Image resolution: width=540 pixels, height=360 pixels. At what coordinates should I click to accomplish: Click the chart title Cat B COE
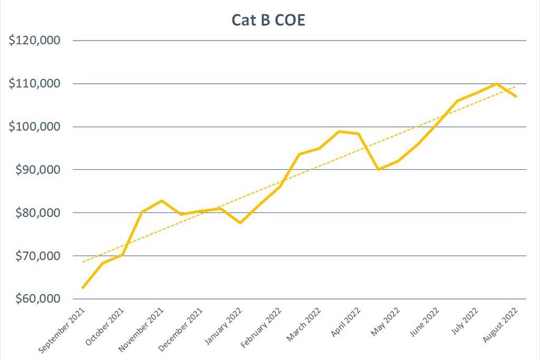[268, 20]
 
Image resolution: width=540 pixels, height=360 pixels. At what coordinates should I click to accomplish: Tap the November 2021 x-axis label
[141, 329]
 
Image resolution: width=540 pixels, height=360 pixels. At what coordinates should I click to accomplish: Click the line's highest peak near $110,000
[497, 83]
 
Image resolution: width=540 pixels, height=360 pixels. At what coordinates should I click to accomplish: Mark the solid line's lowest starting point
[83, 287]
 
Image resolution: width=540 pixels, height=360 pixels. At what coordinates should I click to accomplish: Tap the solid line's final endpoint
[516, 96]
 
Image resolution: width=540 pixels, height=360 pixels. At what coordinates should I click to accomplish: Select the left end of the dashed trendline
[83, 262]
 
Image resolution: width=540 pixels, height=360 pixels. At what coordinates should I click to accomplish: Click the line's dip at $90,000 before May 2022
[379, 169]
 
